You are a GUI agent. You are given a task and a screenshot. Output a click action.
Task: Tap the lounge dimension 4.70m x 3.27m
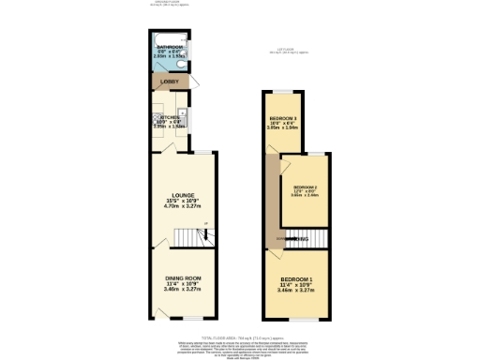pos(183,207)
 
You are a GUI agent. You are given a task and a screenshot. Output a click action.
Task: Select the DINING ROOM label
pos(183,278)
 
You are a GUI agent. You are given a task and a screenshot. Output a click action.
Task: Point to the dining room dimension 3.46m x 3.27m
pos(183,290)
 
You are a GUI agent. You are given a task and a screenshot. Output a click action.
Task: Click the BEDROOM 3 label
pos(282,118)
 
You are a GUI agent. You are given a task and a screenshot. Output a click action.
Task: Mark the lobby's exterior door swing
pos(196,87)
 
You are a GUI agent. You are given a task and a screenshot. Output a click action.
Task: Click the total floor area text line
pos(240,337)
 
